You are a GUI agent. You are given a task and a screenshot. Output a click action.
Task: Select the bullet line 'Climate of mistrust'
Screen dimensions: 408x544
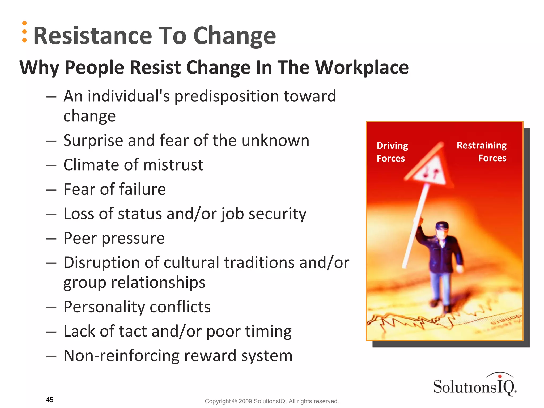(x=133, y=165)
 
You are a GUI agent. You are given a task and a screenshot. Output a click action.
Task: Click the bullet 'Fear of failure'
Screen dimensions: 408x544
(x=115, y=189)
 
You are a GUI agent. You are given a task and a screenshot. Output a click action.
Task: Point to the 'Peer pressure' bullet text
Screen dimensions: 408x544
(x=114, y=238)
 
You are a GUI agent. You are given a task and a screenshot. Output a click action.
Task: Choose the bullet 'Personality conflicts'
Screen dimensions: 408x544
(x=137, y=307)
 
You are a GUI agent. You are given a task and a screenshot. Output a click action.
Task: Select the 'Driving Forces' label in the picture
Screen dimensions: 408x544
(x=392, y=152)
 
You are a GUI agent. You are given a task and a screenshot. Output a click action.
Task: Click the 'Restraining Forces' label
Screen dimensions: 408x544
(x=482, y=151)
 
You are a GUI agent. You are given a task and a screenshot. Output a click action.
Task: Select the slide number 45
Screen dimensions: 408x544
(x=50, y=399)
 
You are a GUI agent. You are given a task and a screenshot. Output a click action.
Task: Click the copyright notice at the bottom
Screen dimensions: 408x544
(x=272, y=401)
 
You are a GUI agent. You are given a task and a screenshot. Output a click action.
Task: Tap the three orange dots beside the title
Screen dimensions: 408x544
(x=24, y=32)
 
